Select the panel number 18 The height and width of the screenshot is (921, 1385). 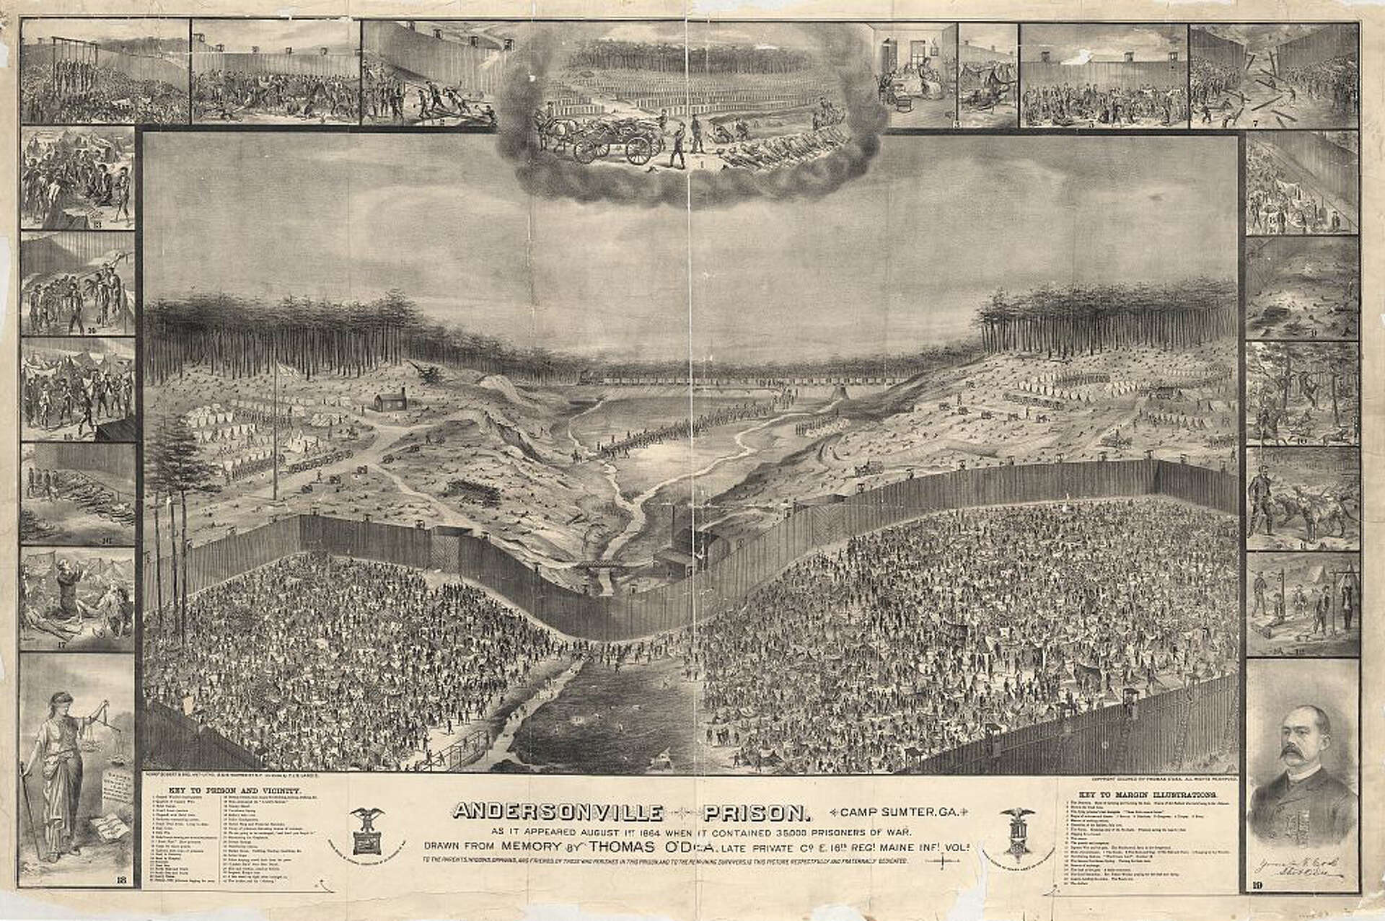pos(120,899)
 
